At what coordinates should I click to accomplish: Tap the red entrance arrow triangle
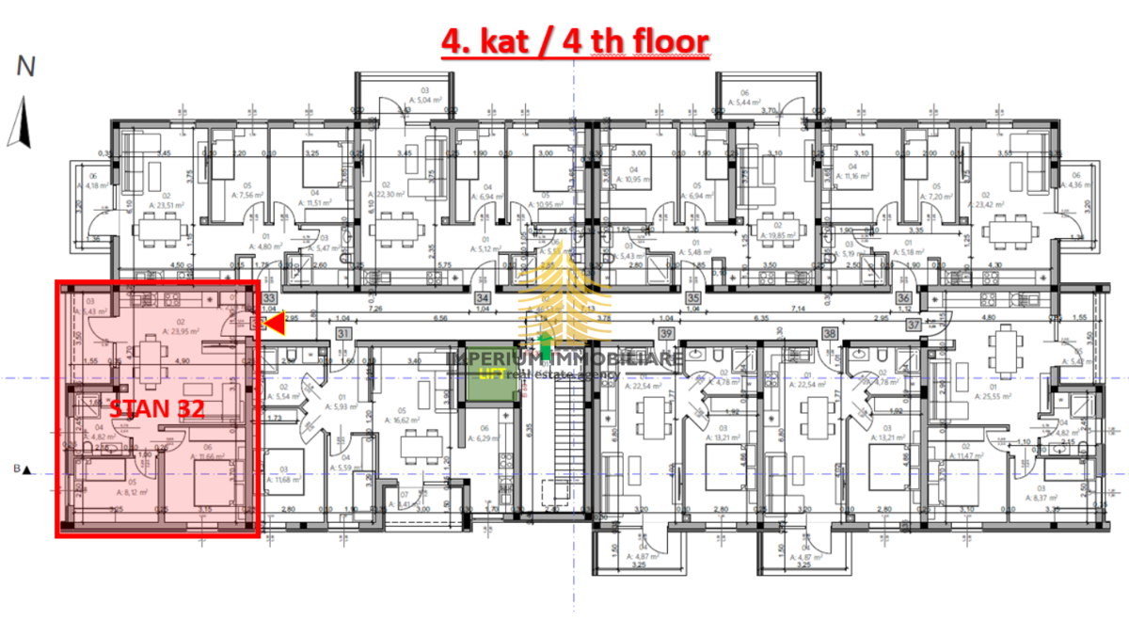coord(273,324)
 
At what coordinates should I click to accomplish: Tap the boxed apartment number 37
coord(914,325)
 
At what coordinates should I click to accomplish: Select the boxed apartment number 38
coord(830,333)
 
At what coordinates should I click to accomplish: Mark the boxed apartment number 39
coord(666,333)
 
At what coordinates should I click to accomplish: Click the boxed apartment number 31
coord(343,333)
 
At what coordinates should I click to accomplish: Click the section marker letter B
coord(16,469)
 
